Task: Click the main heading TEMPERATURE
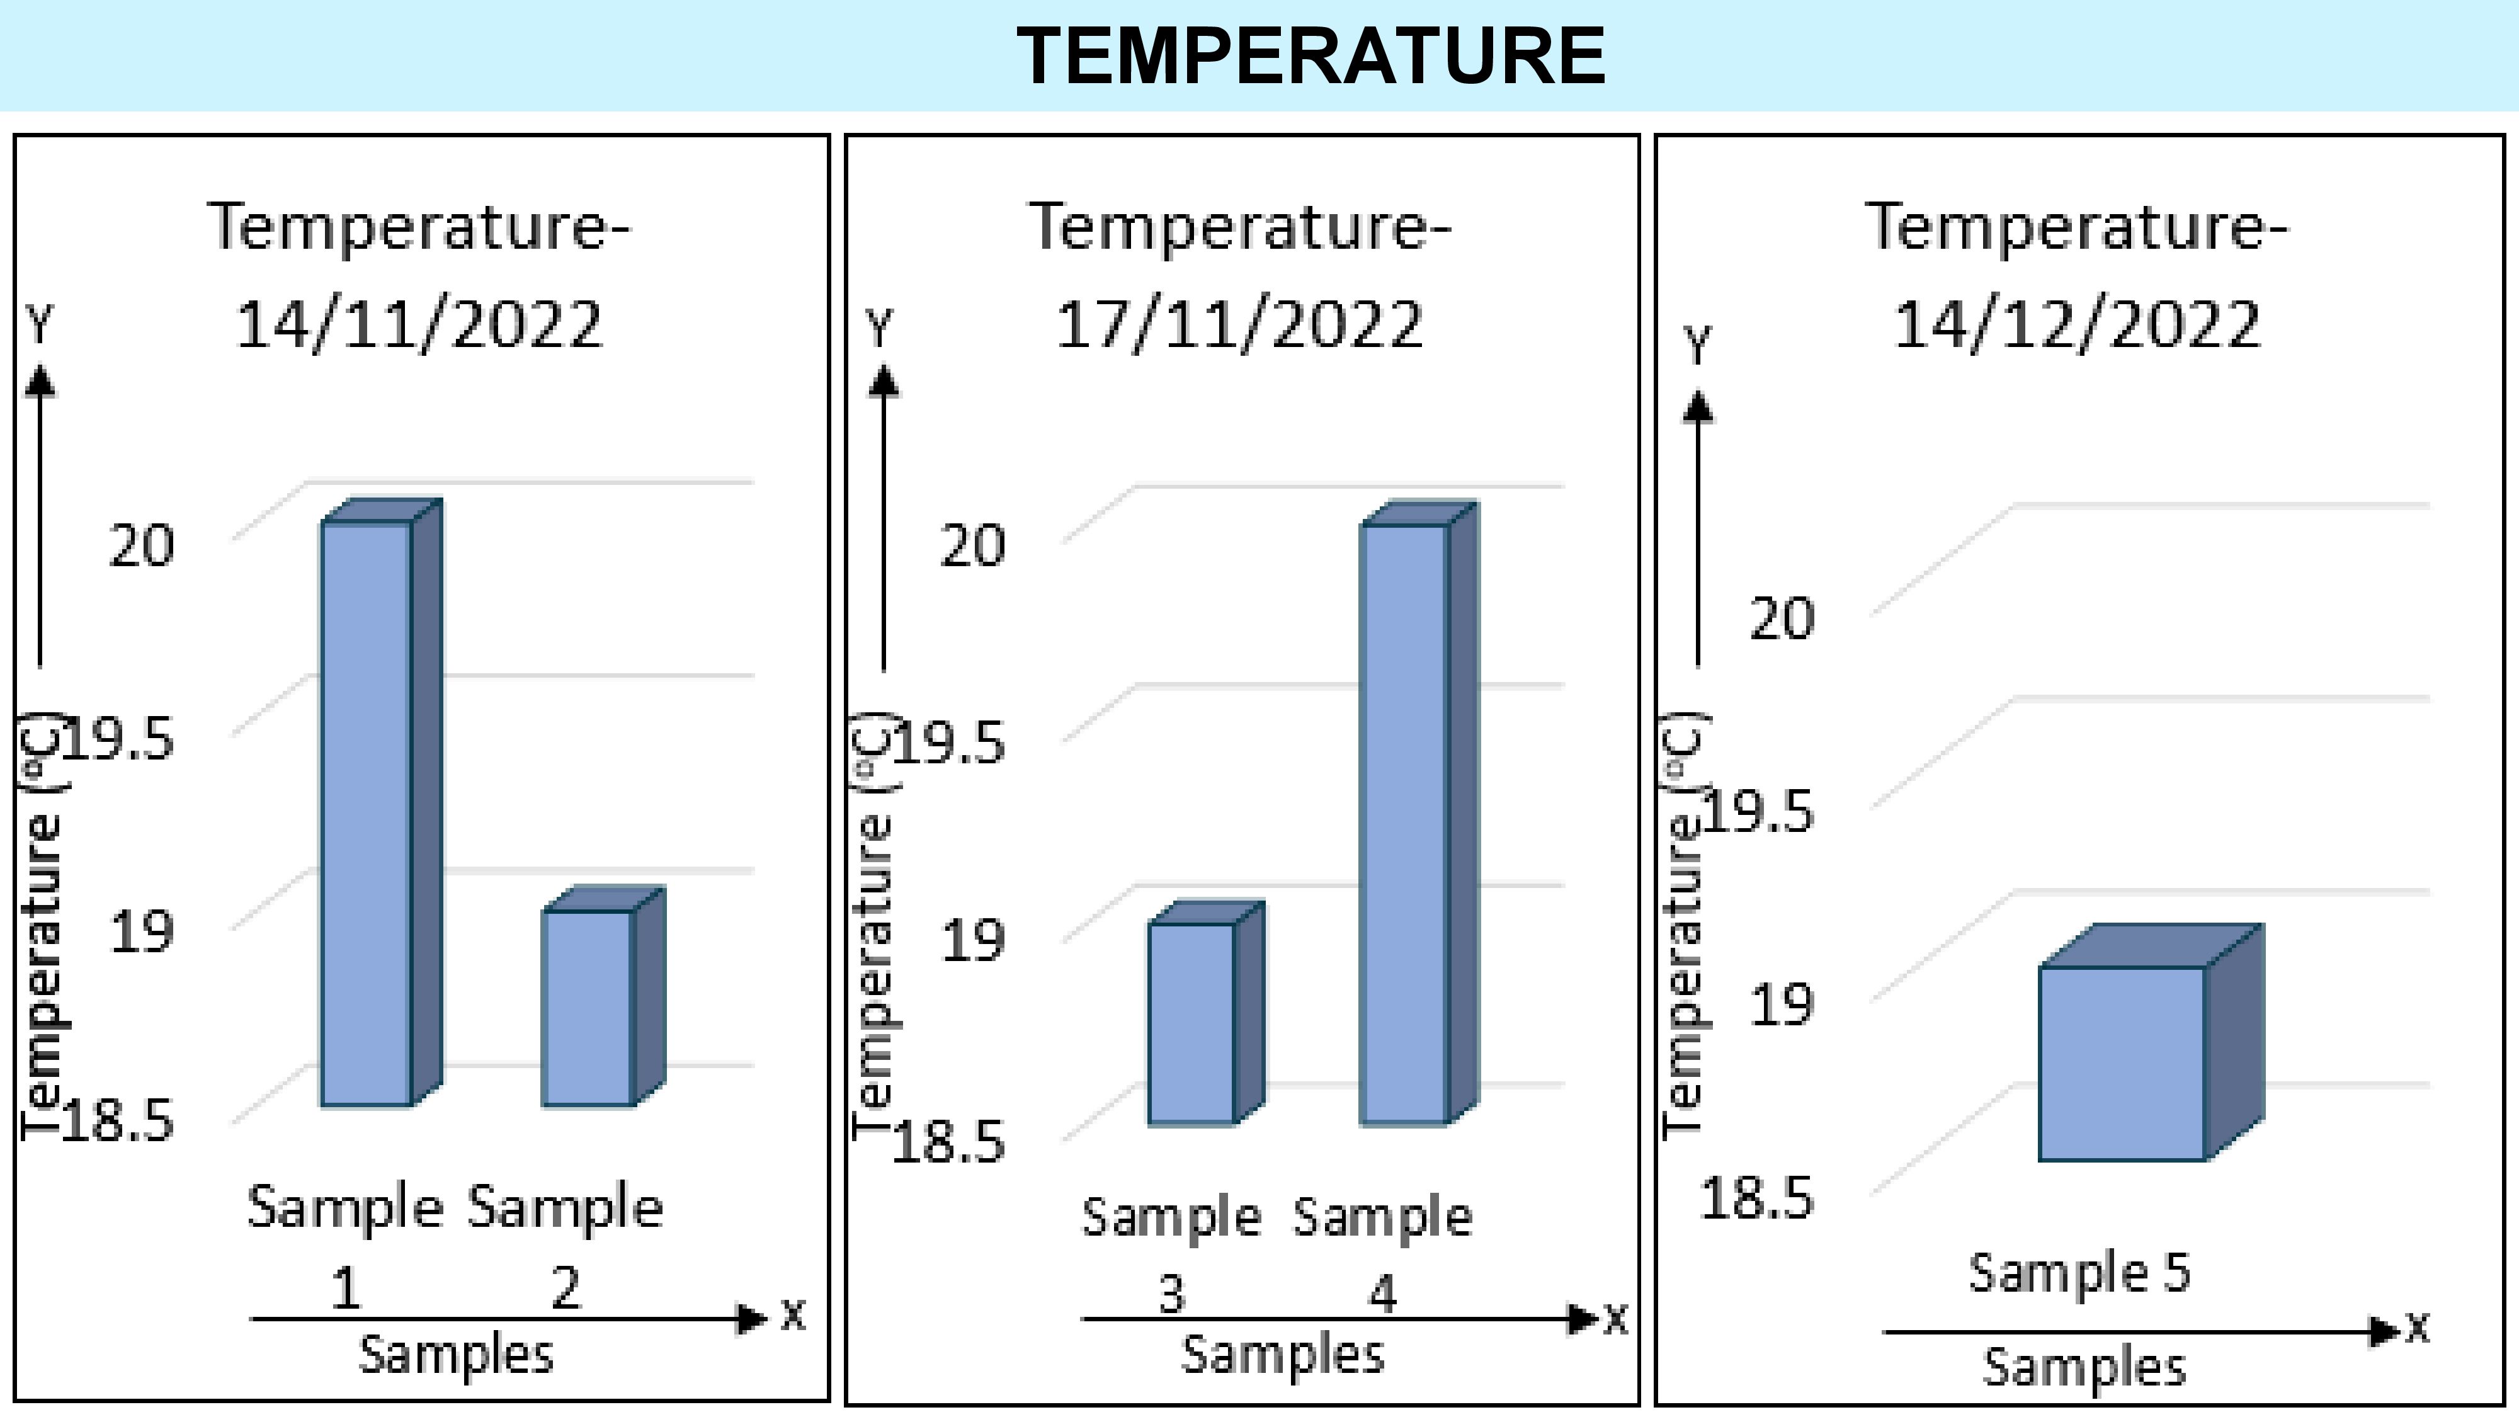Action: click(x=1311, y=57)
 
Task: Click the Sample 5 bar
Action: click(x=2122, y=1063)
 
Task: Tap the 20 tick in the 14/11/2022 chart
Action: click(x=142, y=545)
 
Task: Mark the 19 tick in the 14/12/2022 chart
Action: click(x=1781, y=1005)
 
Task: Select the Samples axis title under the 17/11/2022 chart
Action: click(x=1283, y=1355)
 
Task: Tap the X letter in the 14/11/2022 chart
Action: click(x=793, y=1316)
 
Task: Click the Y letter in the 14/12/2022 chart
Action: click(x=1698, y=345)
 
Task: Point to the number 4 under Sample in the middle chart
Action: click(x=1382, y=1295)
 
